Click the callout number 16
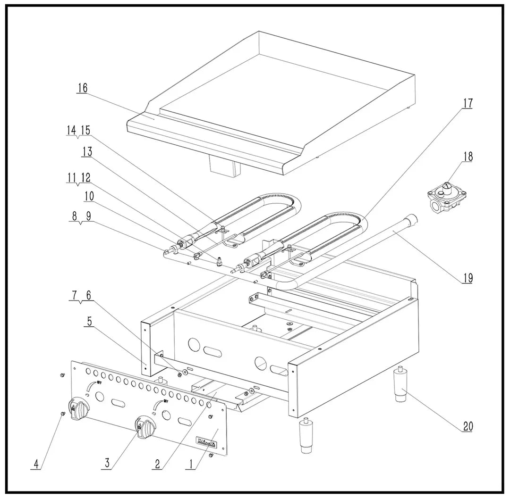(83, 88)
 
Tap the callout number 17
(467, 103)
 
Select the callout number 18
(467, 157)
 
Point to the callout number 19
(467, 279)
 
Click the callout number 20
(467, 426)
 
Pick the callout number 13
(87, 151)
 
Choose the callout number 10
(89, 196)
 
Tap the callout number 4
(35, 464)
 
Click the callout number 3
(108, 464)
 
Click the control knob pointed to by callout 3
(144, 427)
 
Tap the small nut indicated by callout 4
(63, 414)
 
